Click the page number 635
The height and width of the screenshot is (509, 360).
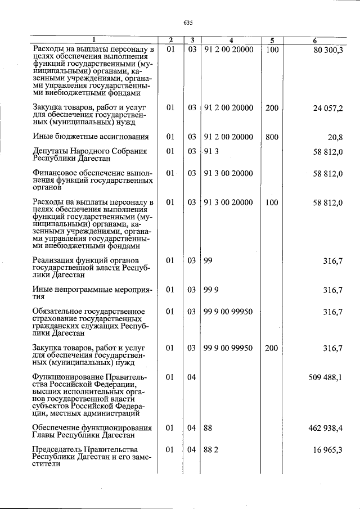pos(188,22)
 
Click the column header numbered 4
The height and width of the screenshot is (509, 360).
pos(231,40)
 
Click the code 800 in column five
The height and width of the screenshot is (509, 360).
pos(272,137)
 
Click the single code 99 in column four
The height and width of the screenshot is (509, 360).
pos(208,261)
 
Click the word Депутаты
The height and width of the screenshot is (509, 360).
pos(51,151)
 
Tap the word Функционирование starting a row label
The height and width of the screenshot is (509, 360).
pos(67,377)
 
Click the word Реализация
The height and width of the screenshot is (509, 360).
pos(52,261)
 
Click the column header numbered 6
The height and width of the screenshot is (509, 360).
pos(315,40)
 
